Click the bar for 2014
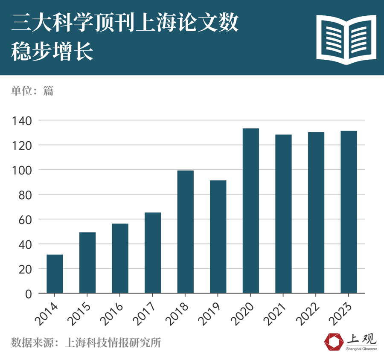55,274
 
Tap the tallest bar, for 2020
250,211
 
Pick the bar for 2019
218,237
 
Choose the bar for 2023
349,212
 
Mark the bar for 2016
120,258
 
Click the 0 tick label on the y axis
28,294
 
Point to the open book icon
346,39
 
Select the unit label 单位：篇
32,90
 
